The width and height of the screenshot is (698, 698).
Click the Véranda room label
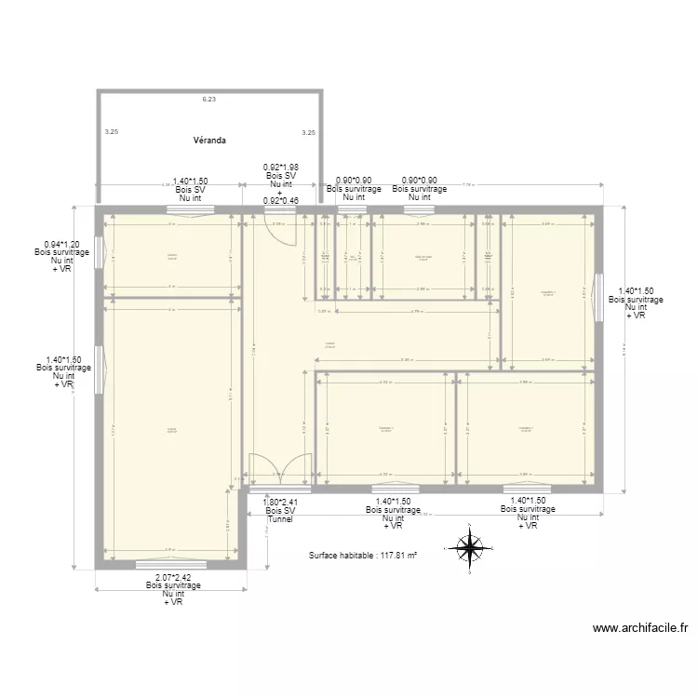click(x=209, y=141)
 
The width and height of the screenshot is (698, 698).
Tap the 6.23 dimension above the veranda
click(x=209, y=99)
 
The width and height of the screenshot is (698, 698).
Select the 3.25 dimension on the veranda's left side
click(x=112, y=132)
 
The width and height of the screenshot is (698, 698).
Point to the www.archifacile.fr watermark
click(x=640, y=628)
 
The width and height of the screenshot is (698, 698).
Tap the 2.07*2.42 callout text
click(x=173, y=577)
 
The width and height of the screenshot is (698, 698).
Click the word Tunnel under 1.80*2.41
click(x=279, y=518)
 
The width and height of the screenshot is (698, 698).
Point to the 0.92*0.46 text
click(x=280, y=199)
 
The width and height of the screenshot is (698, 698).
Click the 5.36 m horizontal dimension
click(x=406, y=360)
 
